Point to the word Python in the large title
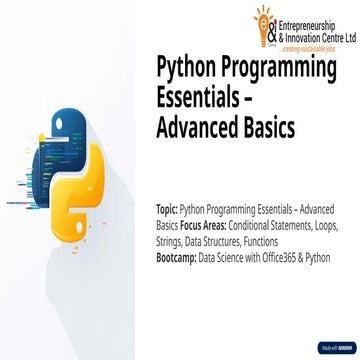[x=187, y=76]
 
